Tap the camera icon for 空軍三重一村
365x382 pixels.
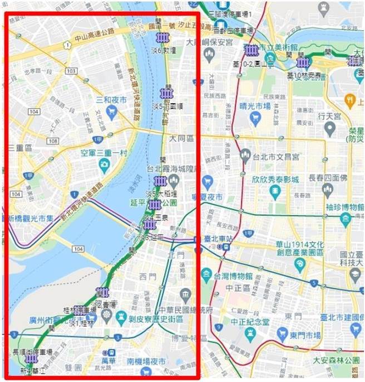pyautogui.click(x=104, y=164)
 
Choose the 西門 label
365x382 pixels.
pyautogui.click(x=148, y=277)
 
